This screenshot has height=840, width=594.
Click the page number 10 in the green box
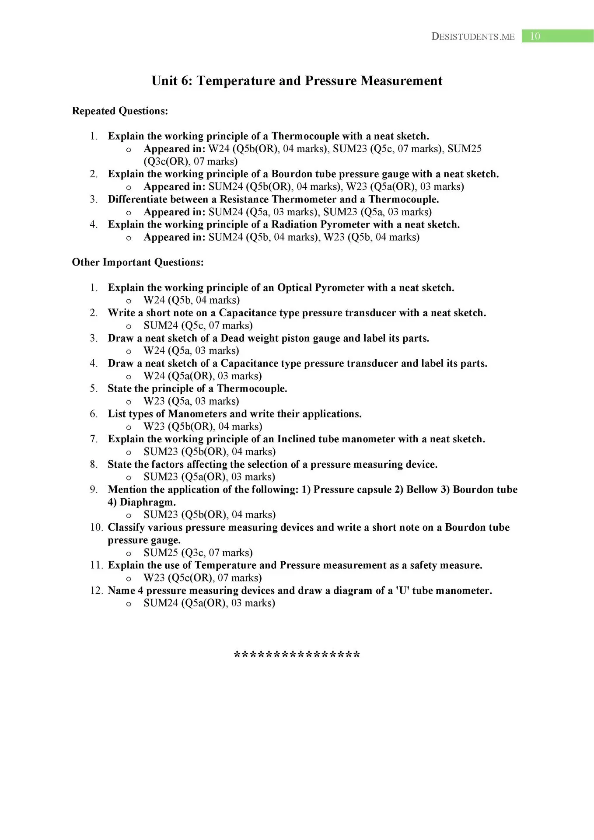[x=535, y=36]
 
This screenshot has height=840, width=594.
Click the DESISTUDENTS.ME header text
[x=473, y=37]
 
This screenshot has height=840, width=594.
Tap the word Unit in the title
[x=164, y=81]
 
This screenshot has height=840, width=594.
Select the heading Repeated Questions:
[x=120, y=111]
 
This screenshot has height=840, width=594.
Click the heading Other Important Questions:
[x=138, y=262]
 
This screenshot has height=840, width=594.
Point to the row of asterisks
[x=297, y=655]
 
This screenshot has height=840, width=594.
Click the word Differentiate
[x=136, y=199]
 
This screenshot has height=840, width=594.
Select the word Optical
[x=295, y=288]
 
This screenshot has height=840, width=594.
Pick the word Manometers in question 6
[x=197, y=414]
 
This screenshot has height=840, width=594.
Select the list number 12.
[x=96, y=591]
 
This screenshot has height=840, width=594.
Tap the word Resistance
[x=244, y=199]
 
